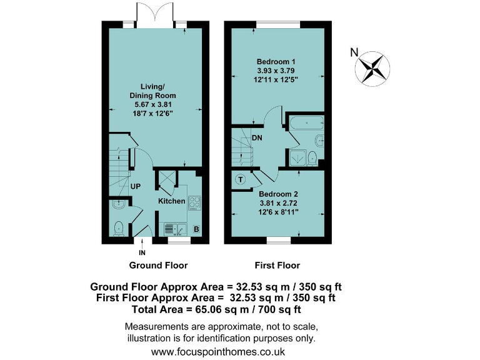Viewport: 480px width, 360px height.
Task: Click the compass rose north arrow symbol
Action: click(374, 67)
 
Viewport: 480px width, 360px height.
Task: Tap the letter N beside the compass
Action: click(354, 52)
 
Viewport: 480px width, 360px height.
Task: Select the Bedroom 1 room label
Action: click(276, 62)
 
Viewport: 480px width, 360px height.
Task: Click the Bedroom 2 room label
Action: click(279, 194)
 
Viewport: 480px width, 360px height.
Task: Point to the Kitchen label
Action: click(171, 201)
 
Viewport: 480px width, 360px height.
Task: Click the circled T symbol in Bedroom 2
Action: click(240, 180)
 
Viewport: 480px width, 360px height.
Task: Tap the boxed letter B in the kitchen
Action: click(196, 230)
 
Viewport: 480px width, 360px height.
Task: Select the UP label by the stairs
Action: click(135, 186)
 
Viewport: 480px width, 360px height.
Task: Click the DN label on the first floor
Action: click(257, 138)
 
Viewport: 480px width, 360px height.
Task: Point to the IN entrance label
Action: click(142, 253)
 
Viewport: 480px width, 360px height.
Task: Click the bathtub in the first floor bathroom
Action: click(306, 124)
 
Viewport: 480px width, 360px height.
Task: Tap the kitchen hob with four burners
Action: click(194, 202)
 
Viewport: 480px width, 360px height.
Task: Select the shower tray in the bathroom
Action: click(301, 158)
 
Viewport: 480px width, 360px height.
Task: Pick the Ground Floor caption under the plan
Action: click(158, 265)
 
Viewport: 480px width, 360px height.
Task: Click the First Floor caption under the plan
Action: click(277, 265)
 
